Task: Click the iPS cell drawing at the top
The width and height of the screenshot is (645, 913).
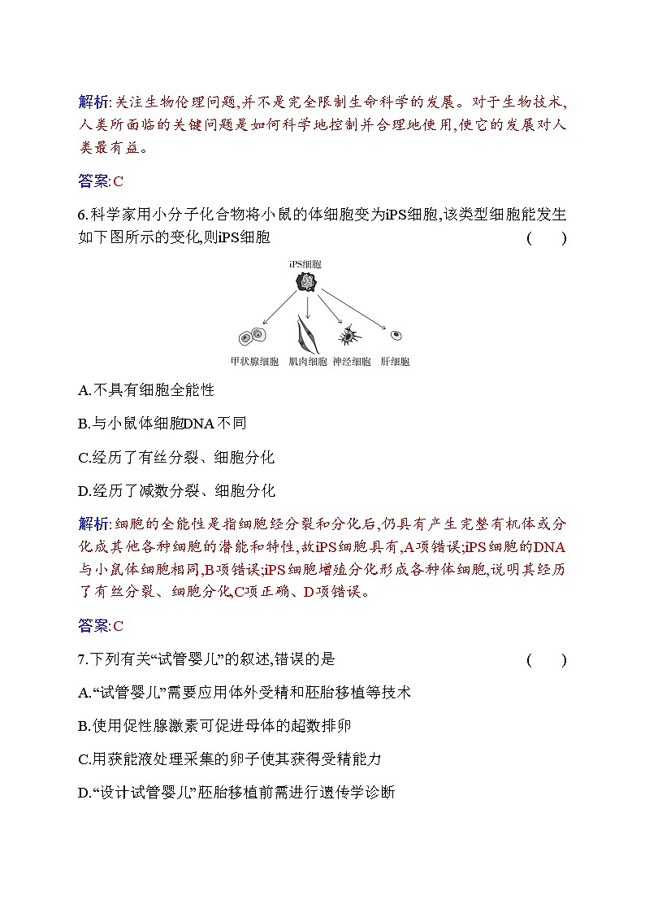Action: click(x=306, y=282)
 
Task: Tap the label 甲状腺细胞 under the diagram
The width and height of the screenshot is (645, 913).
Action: click(x=254, y=362)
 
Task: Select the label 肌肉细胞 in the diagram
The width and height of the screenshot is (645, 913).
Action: click(x=308, y=362)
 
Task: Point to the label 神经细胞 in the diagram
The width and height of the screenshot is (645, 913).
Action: click(x=351, y=362)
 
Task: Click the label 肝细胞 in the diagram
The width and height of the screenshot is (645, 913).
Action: click(x=395, y=362)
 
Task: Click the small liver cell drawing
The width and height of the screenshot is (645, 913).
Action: click(x=396, y=334)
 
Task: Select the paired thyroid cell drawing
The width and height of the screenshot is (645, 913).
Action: click(x=253, y=336)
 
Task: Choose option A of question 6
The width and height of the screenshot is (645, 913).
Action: click(x=146, y=390)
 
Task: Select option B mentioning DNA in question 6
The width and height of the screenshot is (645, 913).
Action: click(x=162, y=424)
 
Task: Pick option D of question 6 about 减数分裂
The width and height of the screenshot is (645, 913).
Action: click(x=176, y=490)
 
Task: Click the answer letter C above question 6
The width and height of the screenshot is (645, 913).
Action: click(x=118, y=181)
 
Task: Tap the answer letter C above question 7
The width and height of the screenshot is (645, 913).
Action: click(x=118, y=626)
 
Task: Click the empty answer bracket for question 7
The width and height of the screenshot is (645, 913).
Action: click(x=546, y=659)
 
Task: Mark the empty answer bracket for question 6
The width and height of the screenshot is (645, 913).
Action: click(x=546, y=238)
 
